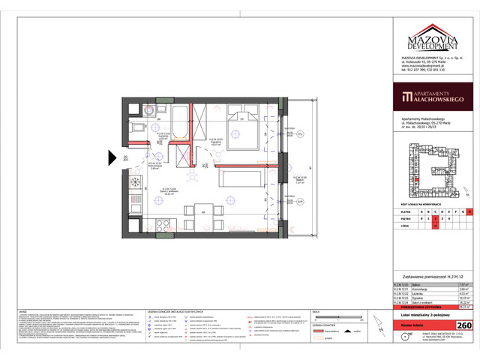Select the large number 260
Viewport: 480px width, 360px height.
tap(463, 325)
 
